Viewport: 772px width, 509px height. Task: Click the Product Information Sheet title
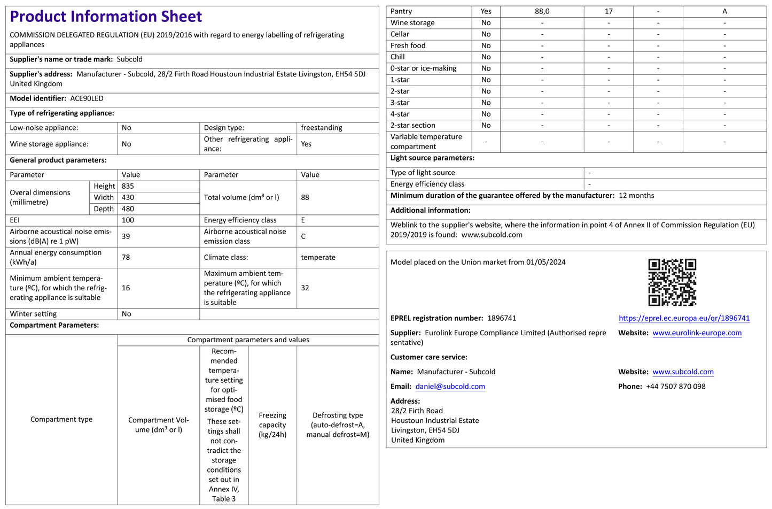(106, 17)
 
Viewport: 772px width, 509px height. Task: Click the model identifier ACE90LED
(87, 98)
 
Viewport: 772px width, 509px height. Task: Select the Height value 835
(128, 186)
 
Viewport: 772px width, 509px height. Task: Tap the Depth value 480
(128, 209)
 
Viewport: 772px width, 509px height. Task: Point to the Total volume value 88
(305, 197)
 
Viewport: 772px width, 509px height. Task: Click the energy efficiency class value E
(303, 220)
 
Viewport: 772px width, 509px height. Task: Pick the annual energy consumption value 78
(126, 257)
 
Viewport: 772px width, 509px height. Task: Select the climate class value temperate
(318, 257)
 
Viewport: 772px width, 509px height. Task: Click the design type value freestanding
(321, 128)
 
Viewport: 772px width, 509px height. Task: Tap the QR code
(672, 282)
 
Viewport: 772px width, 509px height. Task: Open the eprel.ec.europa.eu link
(684, 318)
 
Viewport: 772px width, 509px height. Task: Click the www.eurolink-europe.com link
(697, 333)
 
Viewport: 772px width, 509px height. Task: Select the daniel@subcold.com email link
(450, 387)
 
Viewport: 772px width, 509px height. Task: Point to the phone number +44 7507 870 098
(675, 387)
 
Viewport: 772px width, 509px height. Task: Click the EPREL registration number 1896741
(502, 318)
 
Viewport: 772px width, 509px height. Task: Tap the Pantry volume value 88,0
(542, 11)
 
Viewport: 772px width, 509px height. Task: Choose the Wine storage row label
(412, 22)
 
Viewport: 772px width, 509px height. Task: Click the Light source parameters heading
(432, 158)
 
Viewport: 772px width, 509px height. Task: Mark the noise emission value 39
(126, 236)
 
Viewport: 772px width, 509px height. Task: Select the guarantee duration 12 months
(636, 196)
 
